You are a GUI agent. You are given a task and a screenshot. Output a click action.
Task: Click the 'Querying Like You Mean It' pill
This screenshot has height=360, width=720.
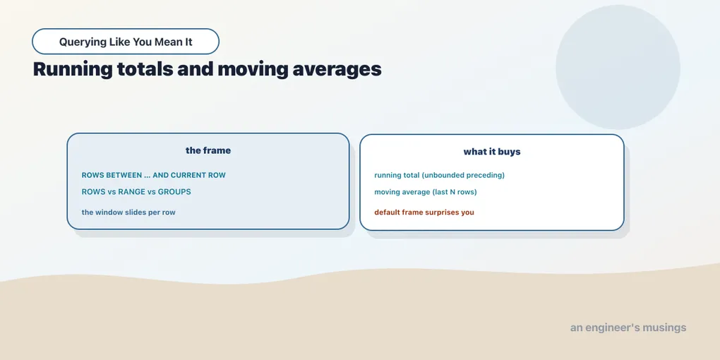pos(126,42)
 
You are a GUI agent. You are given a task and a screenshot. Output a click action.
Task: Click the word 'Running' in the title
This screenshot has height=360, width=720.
pos(73,70)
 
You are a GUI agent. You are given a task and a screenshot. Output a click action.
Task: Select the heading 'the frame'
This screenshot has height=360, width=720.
pos(208,150)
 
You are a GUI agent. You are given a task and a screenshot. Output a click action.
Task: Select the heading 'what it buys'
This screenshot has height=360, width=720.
pos(492,152)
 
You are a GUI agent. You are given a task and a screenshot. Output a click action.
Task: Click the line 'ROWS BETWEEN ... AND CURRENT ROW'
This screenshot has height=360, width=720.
pos(153,175)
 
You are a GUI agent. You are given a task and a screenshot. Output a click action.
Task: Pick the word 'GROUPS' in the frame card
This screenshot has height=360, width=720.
pos(174,191)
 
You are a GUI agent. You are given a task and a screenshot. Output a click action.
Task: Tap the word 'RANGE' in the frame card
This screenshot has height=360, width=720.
pos(132,191)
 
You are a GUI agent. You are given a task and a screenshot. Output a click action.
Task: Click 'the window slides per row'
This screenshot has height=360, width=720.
pos(128,212)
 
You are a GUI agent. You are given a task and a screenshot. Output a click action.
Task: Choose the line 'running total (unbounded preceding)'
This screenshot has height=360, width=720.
pos(440,175)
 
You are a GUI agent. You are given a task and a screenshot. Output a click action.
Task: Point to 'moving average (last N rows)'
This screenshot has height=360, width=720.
pos(426,191)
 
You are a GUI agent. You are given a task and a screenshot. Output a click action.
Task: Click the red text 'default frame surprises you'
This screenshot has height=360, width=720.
pos(424,212)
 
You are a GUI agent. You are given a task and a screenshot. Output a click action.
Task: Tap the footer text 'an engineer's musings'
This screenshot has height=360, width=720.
pos(628,328)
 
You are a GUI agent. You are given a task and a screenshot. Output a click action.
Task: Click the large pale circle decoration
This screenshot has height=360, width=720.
pos(618,67)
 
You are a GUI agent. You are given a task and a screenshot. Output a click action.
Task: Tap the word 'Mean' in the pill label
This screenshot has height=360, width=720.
pos(167,42)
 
